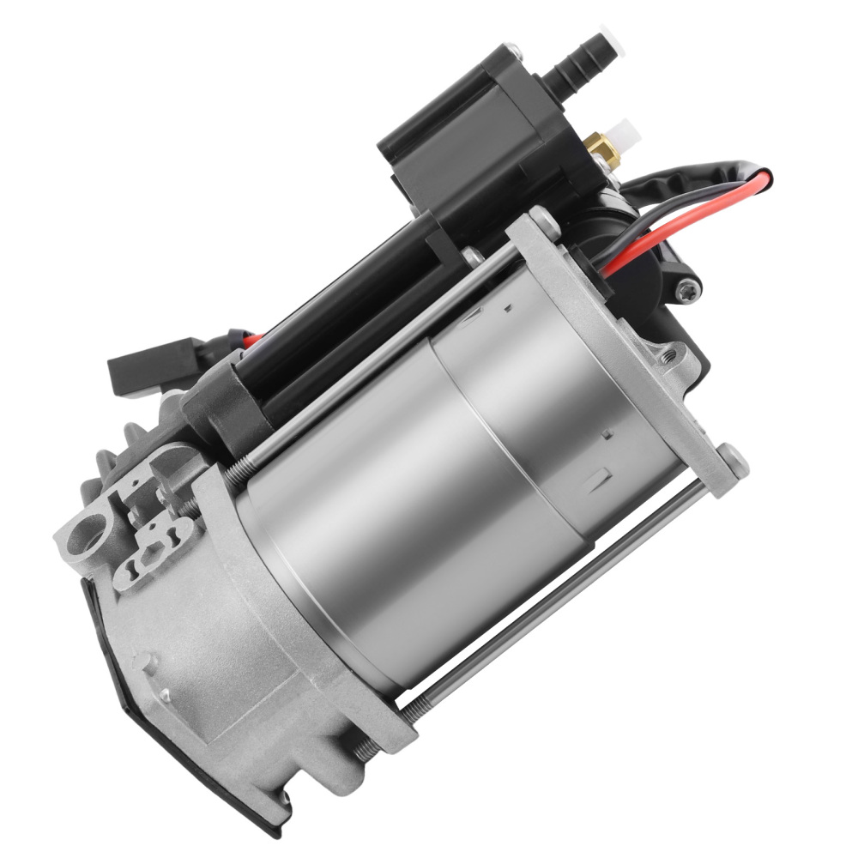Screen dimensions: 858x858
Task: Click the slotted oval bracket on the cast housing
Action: pyautogui.click(x=154, y=550)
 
